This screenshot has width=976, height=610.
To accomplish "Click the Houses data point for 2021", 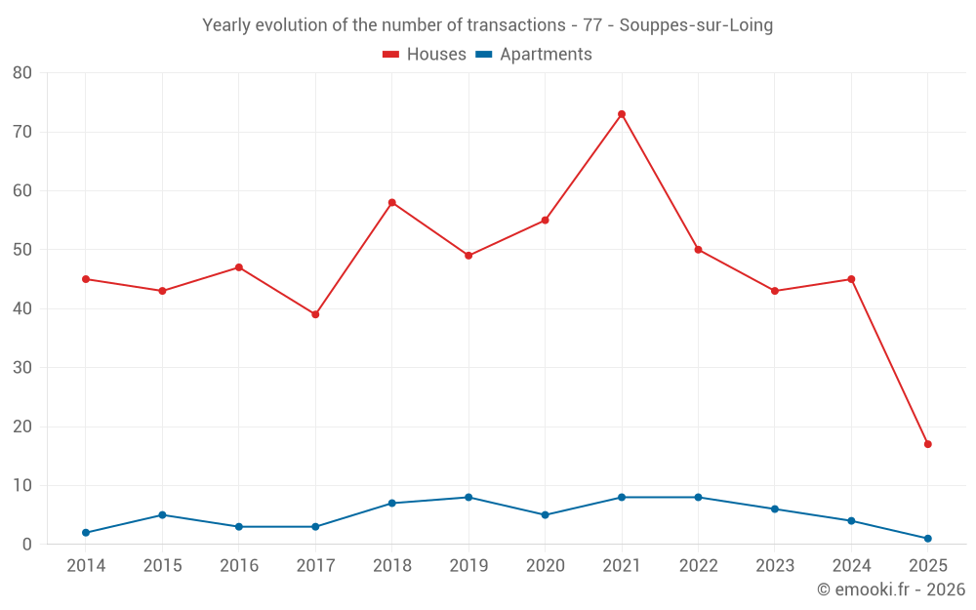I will [x=622, y=114].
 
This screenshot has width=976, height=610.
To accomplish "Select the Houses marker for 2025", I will [x=928, y=444].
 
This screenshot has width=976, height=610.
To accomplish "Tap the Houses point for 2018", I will [x=392, y=203].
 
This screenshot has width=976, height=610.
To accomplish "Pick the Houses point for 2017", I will [x=315, y=314].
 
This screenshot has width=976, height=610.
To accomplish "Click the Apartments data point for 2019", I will [x=468, y=498].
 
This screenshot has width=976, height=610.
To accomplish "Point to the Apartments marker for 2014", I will [x=86, y=533].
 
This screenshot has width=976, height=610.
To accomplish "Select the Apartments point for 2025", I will [x=928, y=539].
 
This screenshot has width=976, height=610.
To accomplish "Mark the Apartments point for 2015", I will [x=162, y=515].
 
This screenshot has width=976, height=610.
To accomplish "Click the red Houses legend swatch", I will [x=390, y=55].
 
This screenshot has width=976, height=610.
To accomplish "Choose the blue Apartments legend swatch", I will [x=483, y=55].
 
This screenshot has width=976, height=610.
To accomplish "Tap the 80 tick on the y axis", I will [x=22, y=73].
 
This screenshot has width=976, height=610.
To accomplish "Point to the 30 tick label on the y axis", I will [x=22, y=368].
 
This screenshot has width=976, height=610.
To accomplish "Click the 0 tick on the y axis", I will [x=27, y=545].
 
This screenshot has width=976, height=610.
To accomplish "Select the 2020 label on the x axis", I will [x=545, y=566].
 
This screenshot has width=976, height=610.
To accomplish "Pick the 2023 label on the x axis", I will [x=775, y=566].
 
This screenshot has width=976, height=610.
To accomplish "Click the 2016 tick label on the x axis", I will [x=239, y=566].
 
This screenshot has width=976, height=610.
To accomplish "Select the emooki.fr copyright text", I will [x=891, y=590].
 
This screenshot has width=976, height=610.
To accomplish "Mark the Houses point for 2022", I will [x=698, y=250].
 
